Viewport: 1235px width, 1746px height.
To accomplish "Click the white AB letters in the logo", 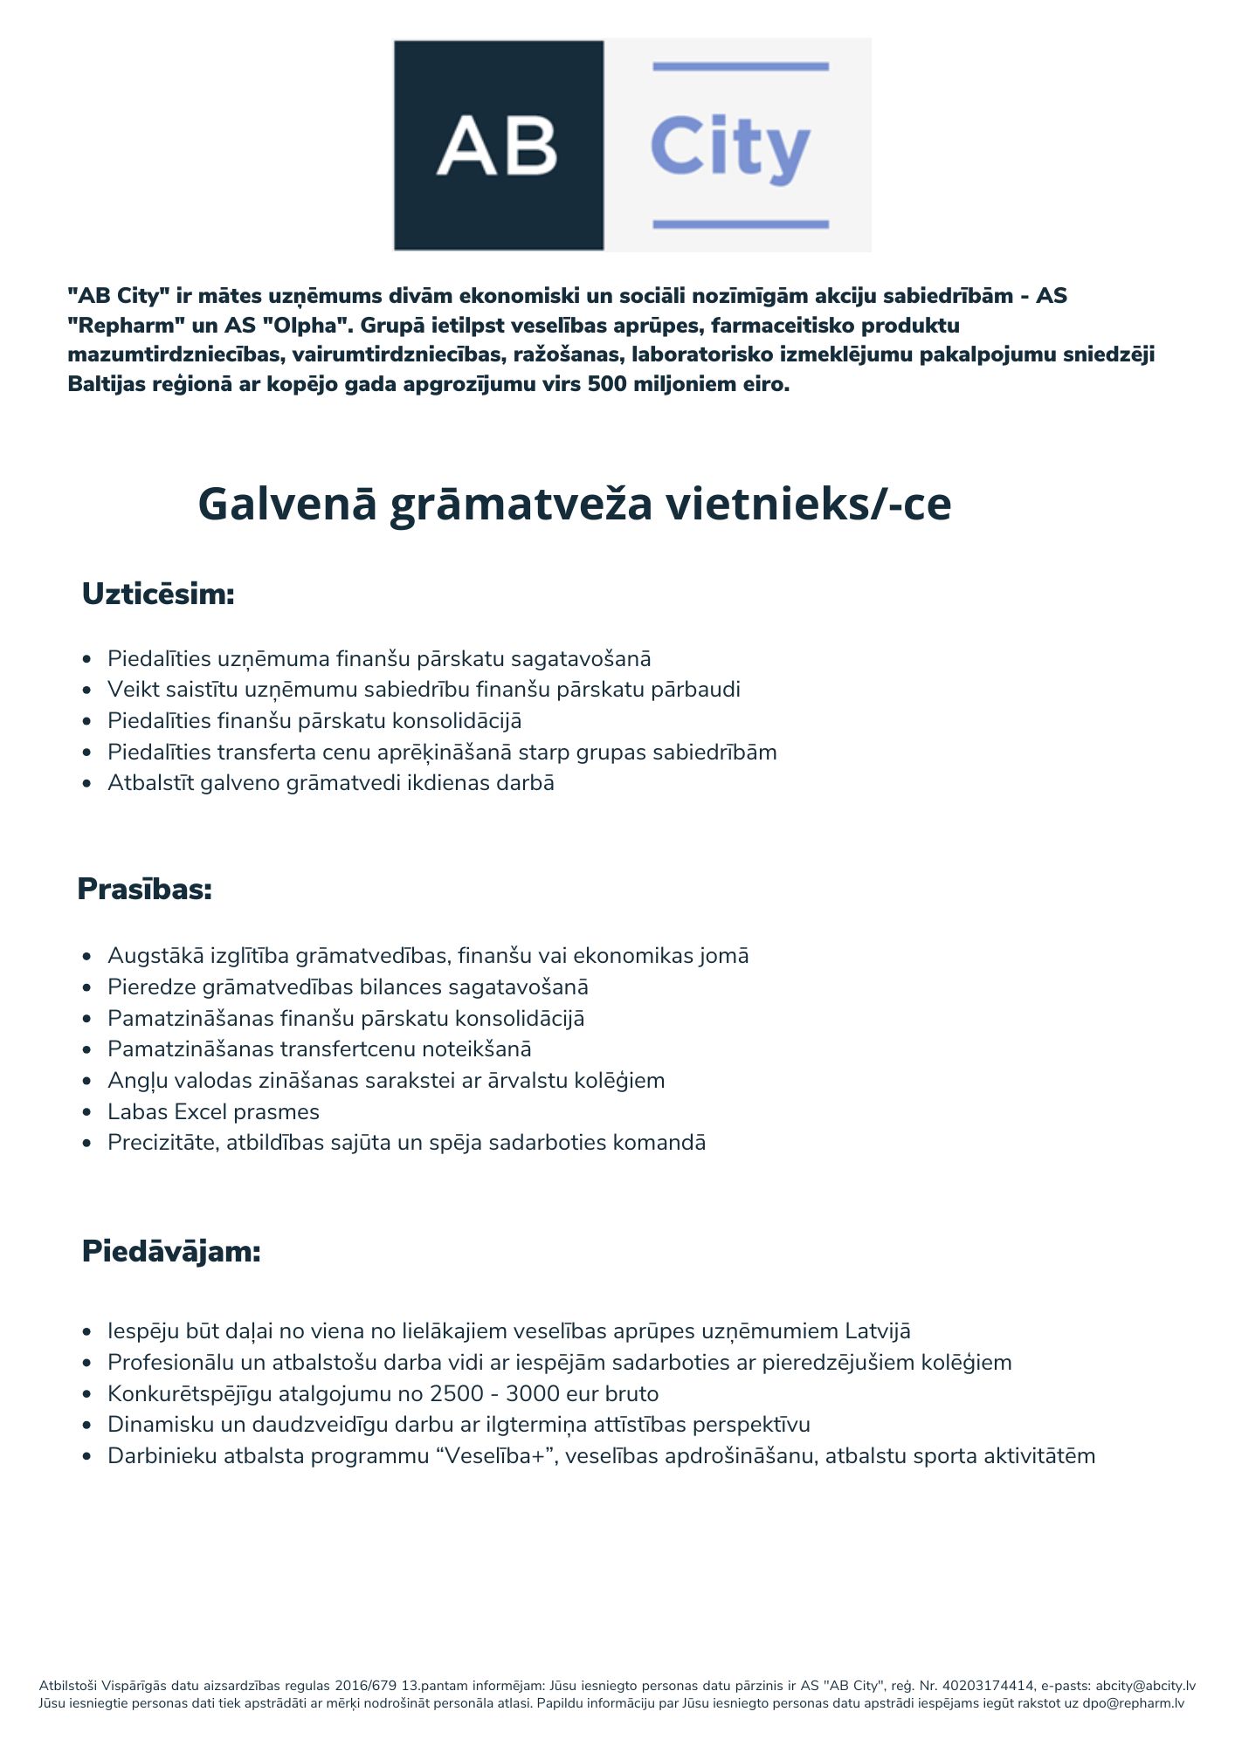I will click(x=497, y=146).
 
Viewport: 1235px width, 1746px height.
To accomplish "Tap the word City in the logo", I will click(x=730, y=147).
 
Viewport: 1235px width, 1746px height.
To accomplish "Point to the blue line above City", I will click(x=740, y=66).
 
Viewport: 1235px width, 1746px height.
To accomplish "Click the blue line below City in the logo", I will click(x=740, y=224).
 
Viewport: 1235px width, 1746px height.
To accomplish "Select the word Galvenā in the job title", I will click(x=287, y=504).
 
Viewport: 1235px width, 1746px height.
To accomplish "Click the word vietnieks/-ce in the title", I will click(x=808, y=504).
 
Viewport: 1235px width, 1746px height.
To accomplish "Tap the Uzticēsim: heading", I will click(x=158, y=595).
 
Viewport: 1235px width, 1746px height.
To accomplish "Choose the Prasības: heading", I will click(x=145, y=890).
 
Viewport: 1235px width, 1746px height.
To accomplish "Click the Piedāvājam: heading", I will click(x=171, y=1252).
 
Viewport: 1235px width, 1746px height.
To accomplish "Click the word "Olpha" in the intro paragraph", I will click(x=300, y=326).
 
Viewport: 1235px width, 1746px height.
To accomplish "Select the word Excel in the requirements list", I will click(x=201, y=1112).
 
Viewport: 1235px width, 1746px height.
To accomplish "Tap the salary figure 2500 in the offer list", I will click(x=456, y=1394).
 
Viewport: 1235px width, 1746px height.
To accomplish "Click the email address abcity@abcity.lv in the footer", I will click(x=1145, y=1686).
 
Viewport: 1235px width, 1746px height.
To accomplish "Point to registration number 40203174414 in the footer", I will click(x=989, y=1686).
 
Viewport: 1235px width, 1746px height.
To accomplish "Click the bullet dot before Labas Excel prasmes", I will click(x=86, y=1113).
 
